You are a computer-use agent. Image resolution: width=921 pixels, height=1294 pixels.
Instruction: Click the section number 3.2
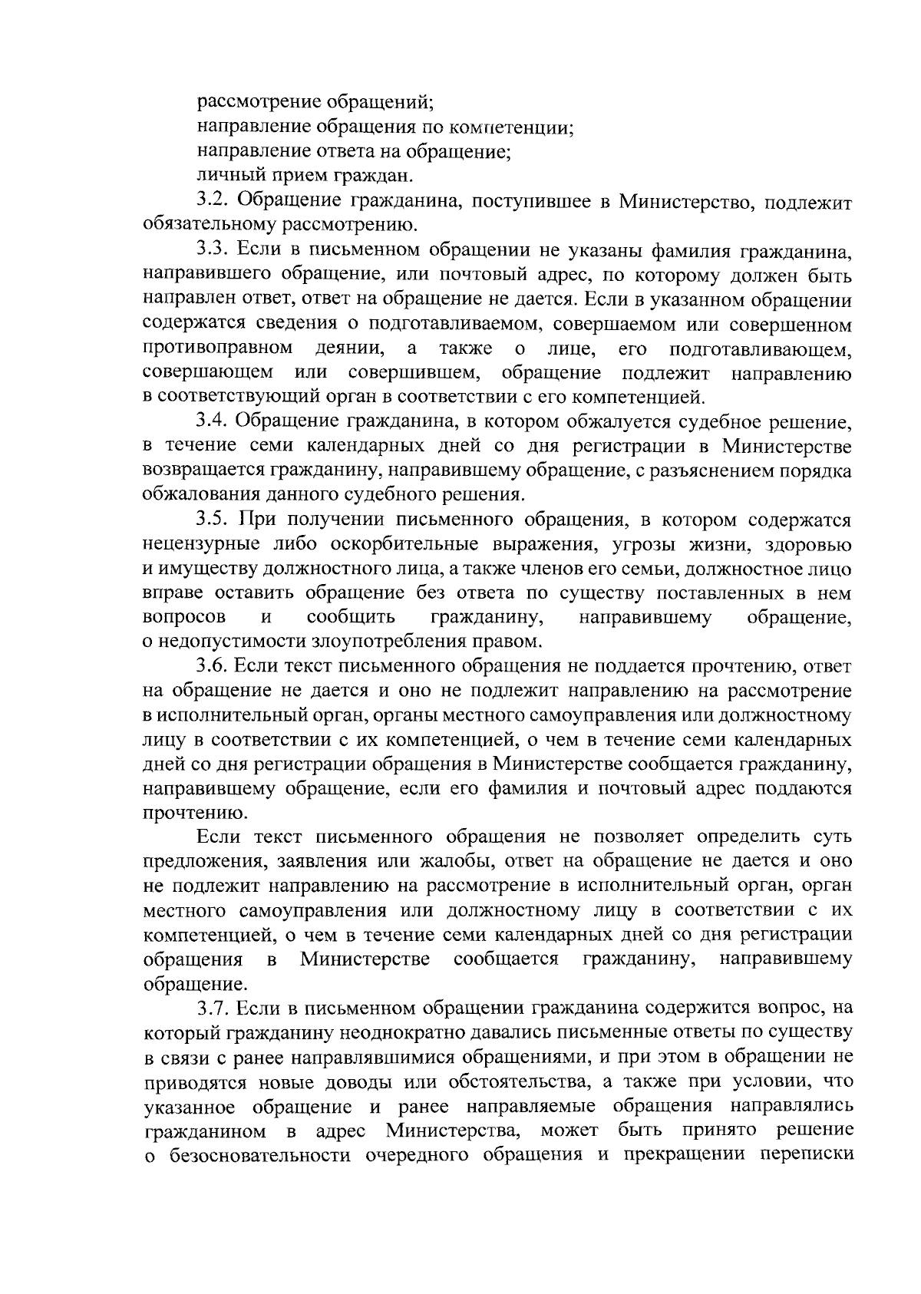click(x=212, y=202)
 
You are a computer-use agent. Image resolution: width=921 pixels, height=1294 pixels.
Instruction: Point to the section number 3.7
click(x=213, y=1007)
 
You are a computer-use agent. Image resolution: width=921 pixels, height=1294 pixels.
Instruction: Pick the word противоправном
click(x=217, y=349)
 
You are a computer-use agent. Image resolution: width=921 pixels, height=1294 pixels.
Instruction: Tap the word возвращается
click(x=203, y=470)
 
